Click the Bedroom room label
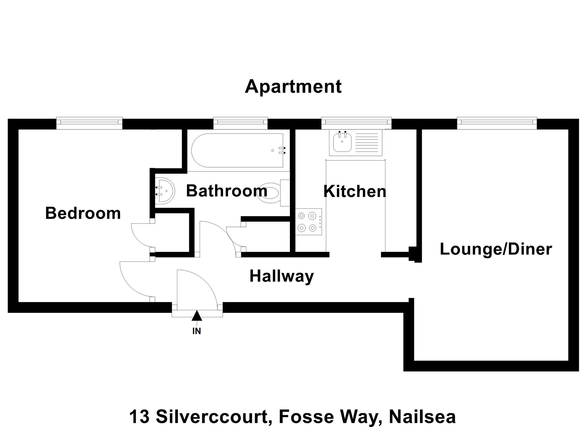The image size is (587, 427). [83, 213]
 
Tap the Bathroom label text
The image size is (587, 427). [227, 191]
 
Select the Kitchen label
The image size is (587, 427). [355, 191]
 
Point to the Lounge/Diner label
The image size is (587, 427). [496, 249]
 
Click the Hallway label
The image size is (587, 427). [282, 276]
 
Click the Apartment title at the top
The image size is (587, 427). [293, 87]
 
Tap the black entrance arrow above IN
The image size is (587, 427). [197, 316]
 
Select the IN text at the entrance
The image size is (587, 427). [197, 331]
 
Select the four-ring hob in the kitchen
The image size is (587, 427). [308, 222]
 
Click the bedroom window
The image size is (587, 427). [89, 123]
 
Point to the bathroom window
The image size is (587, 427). [240, 123]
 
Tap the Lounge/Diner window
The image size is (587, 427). [497, 123]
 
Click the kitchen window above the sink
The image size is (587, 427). [356, 123]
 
